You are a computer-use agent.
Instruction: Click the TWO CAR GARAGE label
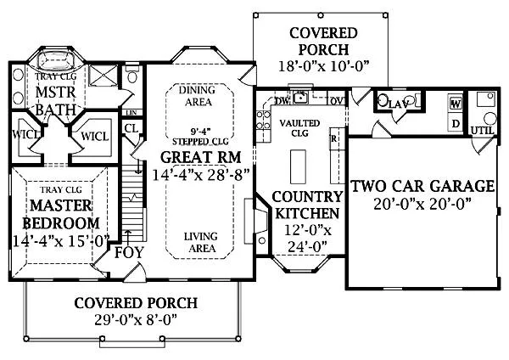[x=422, y=186]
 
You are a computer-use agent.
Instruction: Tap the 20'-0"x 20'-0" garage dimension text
[x=422, y=205]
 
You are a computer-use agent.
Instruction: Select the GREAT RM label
[x=200, y=157]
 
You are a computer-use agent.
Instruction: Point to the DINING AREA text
[x=199, y=95]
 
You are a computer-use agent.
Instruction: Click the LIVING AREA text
[x=199, y=244]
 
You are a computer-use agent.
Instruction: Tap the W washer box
[x=455, y=104]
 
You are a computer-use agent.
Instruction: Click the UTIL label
[x=482, y=130]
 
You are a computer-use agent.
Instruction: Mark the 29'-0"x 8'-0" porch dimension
[x=135, y=321]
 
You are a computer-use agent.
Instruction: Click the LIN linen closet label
[x=131, y=112]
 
